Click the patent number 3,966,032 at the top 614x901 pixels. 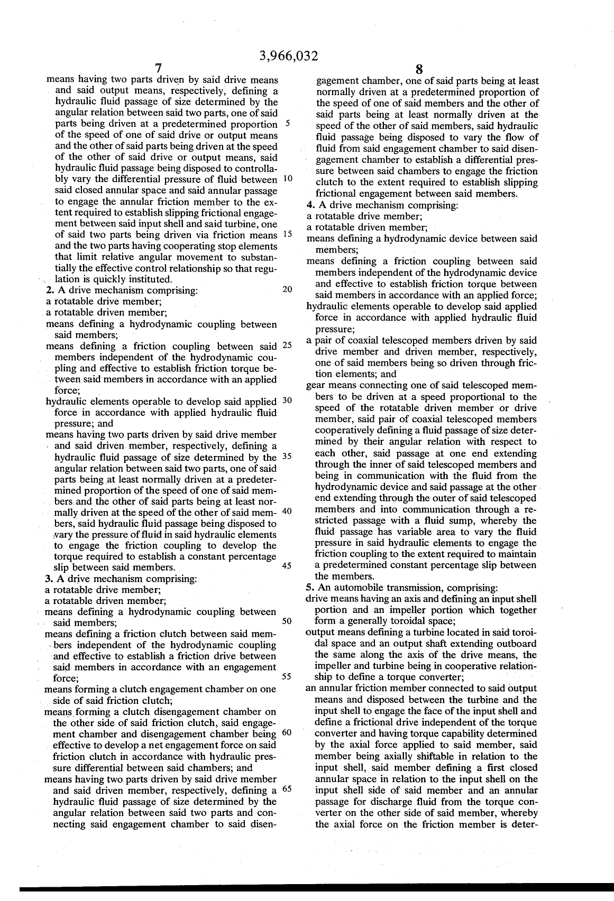(x=289, y=56)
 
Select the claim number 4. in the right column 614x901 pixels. (x=310, y=205)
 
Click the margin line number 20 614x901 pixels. (x=288, y=290)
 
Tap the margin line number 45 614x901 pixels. (x=288, y=566)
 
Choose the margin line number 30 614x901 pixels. (x=288, y=400)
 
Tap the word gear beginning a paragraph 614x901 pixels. (x=316, y=385)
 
